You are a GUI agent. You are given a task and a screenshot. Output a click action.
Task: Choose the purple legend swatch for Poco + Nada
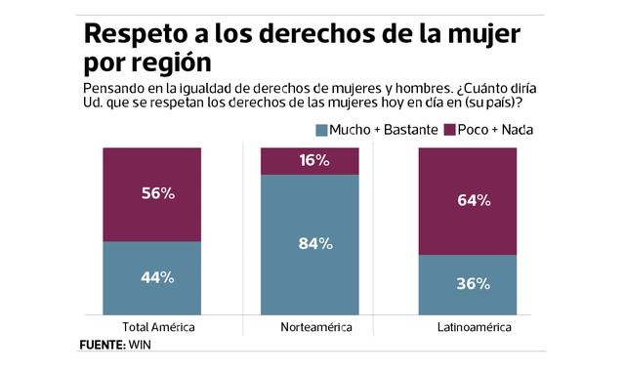pyautogui.click(x=450, y=130)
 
